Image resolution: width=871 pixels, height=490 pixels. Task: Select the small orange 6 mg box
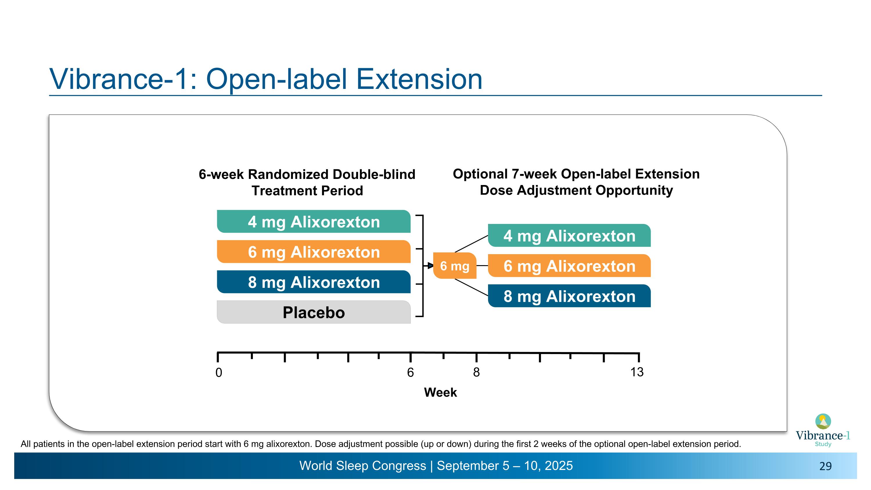[454, 266]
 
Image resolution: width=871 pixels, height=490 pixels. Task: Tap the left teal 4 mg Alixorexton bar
[314, 222]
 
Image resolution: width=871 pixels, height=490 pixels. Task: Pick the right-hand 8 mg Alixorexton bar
[569, 296]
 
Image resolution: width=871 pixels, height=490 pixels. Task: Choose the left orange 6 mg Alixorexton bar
[314, 252]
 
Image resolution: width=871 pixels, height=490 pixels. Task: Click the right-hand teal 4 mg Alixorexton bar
[569, 236]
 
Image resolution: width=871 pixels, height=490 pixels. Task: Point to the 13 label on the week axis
[637, 372]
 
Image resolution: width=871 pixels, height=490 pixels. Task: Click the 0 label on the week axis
[219, 372]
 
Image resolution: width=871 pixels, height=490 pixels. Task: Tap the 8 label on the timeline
[476, 372]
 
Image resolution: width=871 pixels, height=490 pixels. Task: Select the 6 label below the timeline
[410, 372]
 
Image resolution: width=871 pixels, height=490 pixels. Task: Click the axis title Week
[440, 392]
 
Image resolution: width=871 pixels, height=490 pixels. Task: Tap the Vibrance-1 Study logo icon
[823, 421]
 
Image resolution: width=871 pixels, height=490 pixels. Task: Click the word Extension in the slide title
[419, 79]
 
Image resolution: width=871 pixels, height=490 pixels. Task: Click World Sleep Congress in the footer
[362, 466]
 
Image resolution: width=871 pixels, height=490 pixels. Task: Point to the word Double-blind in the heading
[374, 174]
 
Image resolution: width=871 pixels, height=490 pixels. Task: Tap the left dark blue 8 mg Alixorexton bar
[314, 282]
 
